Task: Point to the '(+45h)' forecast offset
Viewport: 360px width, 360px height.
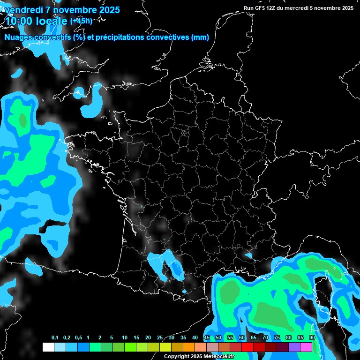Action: pyautogui.click(x=81, y=21)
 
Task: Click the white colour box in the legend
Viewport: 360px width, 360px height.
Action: pyautogui.click(x=48, y=347)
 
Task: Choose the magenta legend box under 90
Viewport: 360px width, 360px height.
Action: pyautogui.click(x=306, y=347)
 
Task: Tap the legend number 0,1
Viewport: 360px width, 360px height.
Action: pyautogui.click(x=55, y=338)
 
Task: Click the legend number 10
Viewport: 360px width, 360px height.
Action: pyautogui.click(x=125, y=338)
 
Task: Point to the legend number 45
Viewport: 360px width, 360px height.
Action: pyautogui.click(x=207, y=338)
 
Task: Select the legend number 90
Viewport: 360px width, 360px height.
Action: pyautogui.click(x=312, y=338)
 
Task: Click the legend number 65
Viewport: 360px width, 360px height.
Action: pyautogui.click(x=254, y=338)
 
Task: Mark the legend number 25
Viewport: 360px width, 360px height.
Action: pyautogui.click(x=160, y=338)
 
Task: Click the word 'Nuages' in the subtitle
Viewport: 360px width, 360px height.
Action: pyautogui.click(x=17, y=37)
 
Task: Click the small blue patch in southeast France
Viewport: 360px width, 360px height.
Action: pyautogui.click(x=248, y=255)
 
